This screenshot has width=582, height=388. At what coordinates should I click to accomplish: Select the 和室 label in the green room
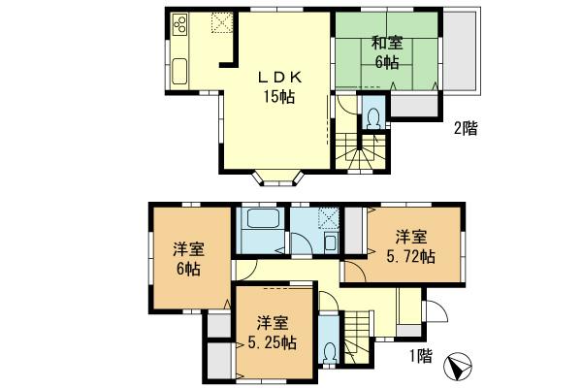pyautogui.click(x=385, y=43)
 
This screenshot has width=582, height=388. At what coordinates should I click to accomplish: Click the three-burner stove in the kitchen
pyautogui.click(x=181, y=27)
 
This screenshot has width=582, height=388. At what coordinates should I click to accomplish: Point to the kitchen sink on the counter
pyautogui.click(x=181, y=69)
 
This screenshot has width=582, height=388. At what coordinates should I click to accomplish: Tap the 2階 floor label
pyautogui.click(x=466, y=127)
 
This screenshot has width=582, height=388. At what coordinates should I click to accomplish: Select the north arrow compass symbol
pyautogui.click(x=459, y=366)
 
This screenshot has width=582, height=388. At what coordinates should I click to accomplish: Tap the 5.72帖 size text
pyautogui.click(x=412, y=257)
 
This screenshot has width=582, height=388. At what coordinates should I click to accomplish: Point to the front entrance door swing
pyautogui.click(x=436, y=313)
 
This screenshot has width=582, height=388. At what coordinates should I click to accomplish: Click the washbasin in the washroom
pyautogui.click(x=331, y=242)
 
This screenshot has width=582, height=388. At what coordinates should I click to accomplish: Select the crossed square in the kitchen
pyautogui.click(x=220, y=21)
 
